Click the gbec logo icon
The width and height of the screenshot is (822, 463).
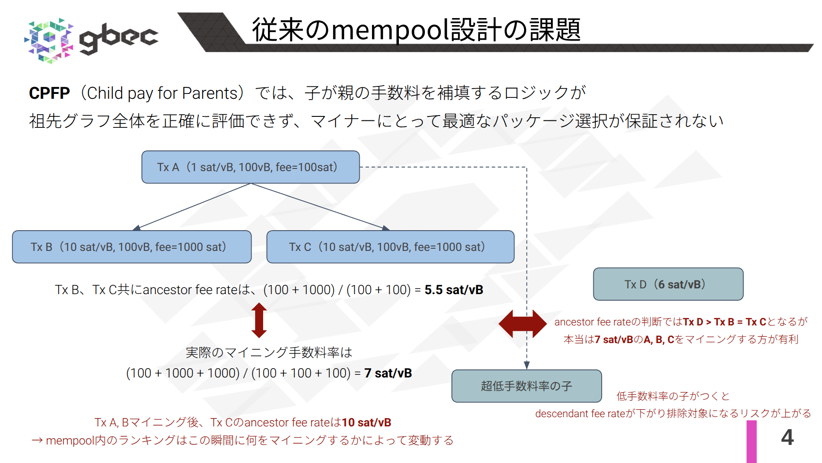pyautogui.click(x=48, y=41)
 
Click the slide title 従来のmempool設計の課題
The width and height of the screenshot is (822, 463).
pyautogui.click(x=416, y=30)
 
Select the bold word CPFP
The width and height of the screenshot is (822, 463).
pyautogui.click(x=49, y=93)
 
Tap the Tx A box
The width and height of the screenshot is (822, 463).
pyautogui.click(x=250, y=167)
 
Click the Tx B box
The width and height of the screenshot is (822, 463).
pyautogui.click(x=132, y=247)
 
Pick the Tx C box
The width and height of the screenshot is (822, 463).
pyautogui.click(x=390, y=247)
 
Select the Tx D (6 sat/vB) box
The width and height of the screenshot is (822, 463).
pyautogui.click(x=668, y=284)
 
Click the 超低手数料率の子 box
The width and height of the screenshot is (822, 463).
pyautogui.click(x=526, y=386)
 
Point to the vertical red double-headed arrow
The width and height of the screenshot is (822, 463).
pyautogui.click(x=259, y=320)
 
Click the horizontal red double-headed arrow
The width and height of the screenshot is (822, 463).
pyautogui.click(x=522, y=324)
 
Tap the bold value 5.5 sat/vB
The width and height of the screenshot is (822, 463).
pyautogui.click(x=454, y=290)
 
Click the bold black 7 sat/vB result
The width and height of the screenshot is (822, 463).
pyautogui.click(x=388, y=373)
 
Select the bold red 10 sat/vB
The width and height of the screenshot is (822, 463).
pyautogui.click(x=366, y=423)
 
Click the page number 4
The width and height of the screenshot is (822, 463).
pyautogui.click(x=787, y=437)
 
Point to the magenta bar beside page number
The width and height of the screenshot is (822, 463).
pyautogui.click(x=751, y=441)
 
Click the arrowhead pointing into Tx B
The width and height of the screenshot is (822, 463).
pyautogui.click(x=137, y=228)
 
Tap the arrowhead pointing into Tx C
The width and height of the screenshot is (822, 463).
pyautogui.click(x=386, y=228)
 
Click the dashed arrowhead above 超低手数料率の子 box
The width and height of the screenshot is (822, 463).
pyautogui.click(x=527, y=366)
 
